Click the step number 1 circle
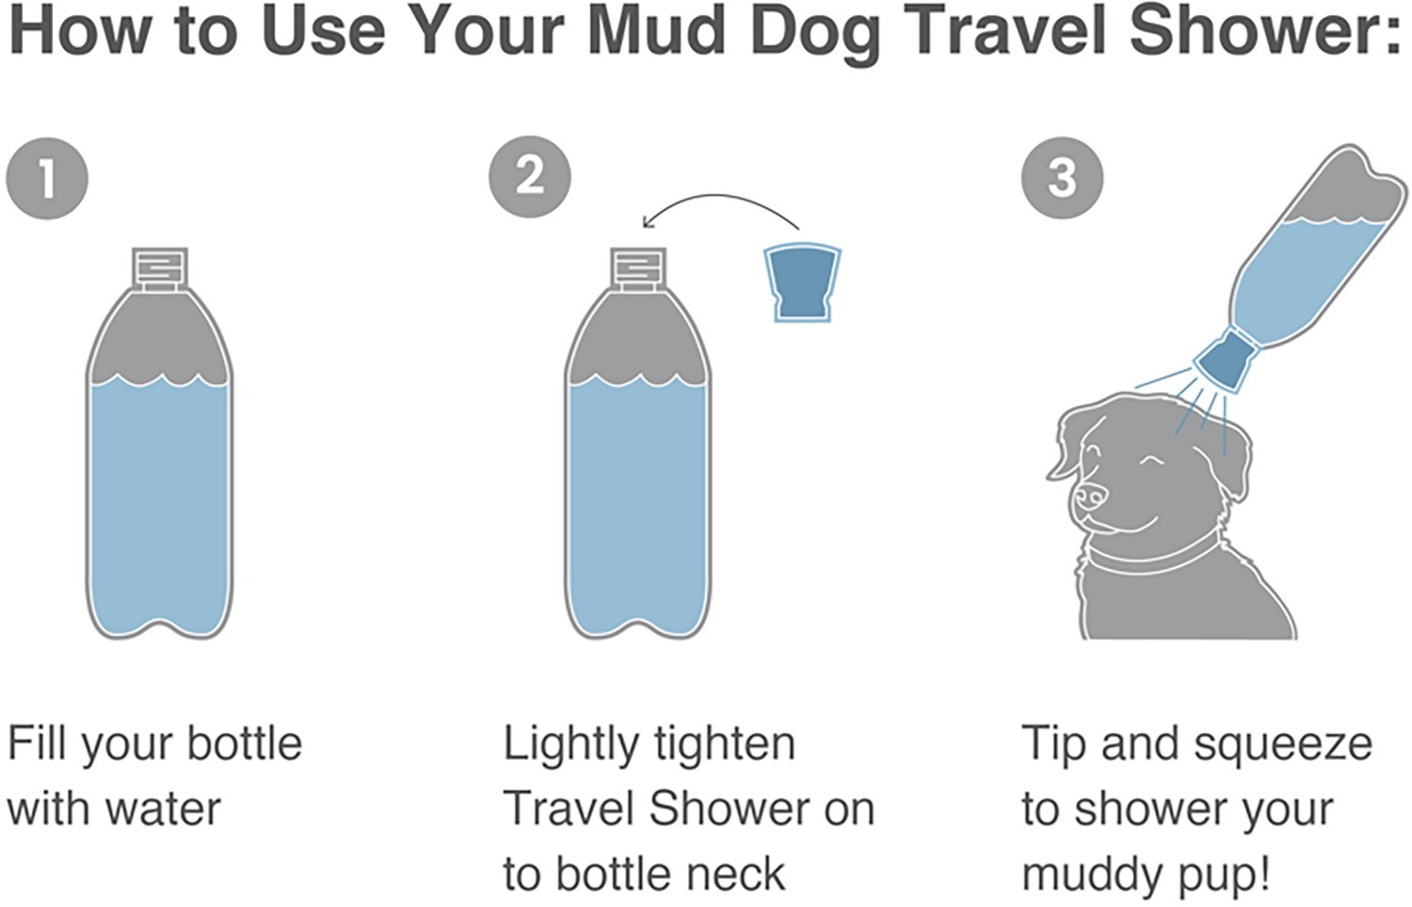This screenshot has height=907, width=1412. coord(47,178)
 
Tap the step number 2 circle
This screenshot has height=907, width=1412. coord(530,176)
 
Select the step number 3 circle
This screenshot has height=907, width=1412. coord(1063,176)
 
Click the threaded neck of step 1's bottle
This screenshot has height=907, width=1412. coord(159,267)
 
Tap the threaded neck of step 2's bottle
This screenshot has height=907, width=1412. coord(638,267)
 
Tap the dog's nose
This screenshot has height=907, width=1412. coord(1090,495)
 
